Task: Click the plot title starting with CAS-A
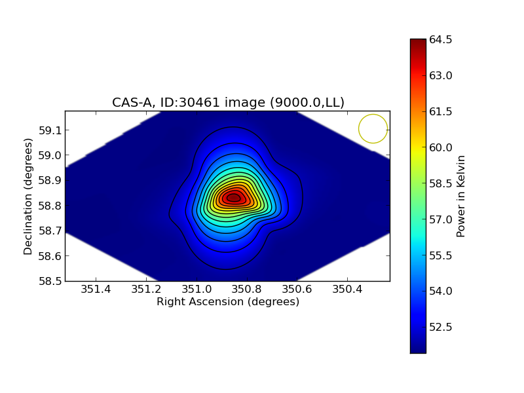228,102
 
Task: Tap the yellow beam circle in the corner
373,128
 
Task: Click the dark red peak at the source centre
234,198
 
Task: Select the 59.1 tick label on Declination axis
50,130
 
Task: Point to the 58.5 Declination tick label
50,281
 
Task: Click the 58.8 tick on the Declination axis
50,206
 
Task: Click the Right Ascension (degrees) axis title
228,302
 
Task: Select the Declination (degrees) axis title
28,196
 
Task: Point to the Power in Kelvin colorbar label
461,196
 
